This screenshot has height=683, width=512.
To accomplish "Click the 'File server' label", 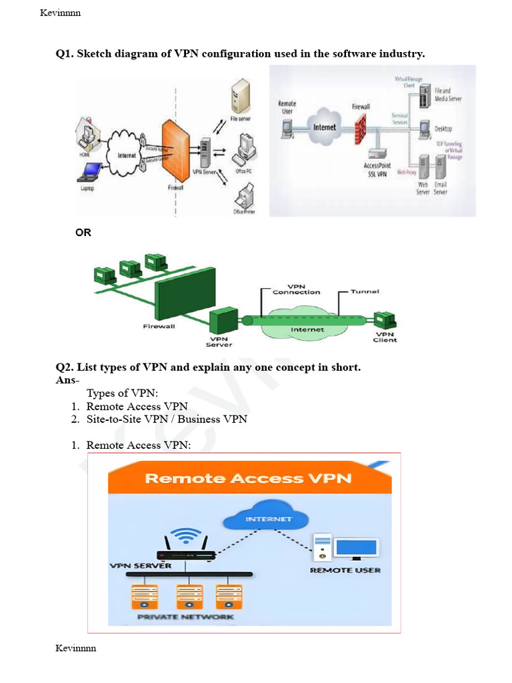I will pos(240,119).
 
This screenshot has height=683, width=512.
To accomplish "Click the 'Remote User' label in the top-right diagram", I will pos(287,107).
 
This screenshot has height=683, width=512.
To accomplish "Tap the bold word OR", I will pos(83,233).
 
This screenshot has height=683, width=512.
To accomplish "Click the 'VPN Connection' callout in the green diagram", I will pos(296,289).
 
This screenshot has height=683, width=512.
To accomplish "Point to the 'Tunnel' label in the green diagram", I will pos(365,291).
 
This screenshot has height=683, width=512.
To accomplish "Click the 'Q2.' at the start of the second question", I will pos(65,368).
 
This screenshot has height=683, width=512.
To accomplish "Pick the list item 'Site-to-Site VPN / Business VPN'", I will pos(167,419).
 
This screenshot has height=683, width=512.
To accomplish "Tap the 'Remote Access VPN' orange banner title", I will pos(248,478).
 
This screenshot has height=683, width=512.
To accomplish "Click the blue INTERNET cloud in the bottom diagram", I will pos(269,518).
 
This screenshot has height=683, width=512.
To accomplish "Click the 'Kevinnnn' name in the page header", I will pos(61,13).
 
